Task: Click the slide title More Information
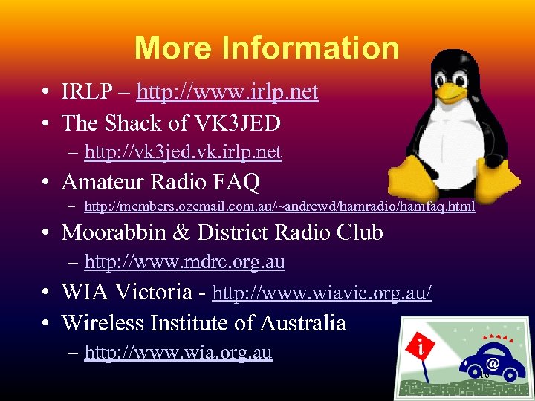click(x=267, y=48)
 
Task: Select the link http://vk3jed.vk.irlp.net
click(x=183, y=152)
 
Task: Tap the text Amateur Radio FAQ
click(x=160, y=181)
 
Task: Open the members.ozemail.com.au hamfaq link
click(x=279, y=206)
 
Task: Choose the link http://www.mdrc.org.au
click(x=185, y=262)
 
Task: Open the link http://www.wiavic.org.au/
click(x=322, y=293)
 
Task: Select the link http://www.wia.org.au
click(x=178, y=353)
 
